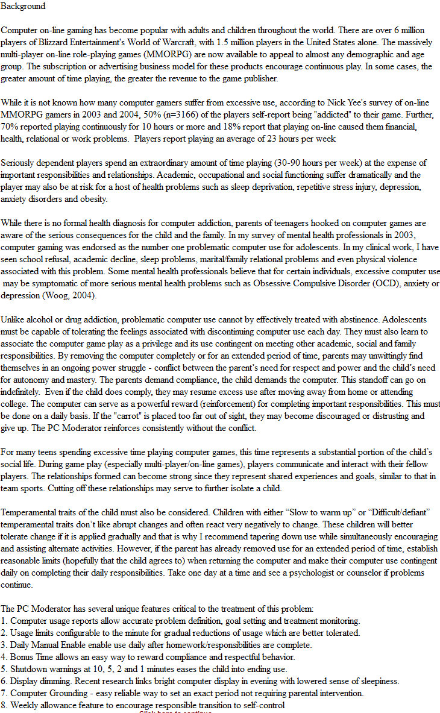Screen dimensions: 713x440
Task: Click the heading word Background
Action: (23, 6)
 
